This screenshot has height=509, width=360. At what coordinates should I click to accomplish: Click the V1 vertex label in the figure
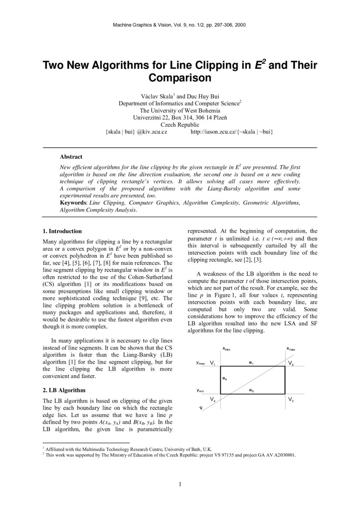(x=212, y=363)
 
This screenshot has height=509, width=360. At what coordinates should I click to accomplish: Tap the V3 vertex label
(x=291, y=399)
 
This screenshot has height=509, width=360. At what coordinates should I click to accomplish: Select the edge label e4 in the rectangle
(x=224, y=379)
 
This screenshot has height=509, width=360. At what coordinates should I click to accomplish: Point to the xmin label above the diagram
(x=226, y=349)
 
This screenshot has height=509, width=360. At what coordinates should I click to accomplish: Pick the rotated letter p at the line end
(x=201, y=408)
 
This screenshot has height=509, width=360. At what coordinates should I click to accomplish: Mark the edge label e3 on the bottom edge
(x=251, y=391)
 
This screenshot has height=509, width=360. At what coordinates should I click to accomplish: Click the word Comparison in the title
(x=180, y=78)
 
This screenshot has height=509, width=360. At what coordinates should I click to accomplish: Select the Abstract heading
(x=71, y=157)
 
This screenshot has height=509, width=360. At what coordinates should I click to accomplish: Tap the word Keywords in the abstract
(x=73, y=203)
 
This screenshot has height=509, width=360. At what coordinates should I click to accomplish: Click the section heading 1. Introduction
(x=62, y=231)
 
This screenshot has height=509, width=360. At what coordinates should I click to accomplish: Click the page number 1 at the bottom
(x=180, y=484)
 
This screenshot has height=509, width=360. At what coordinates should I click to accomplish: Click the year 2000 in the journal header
(x=239, y=25)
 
